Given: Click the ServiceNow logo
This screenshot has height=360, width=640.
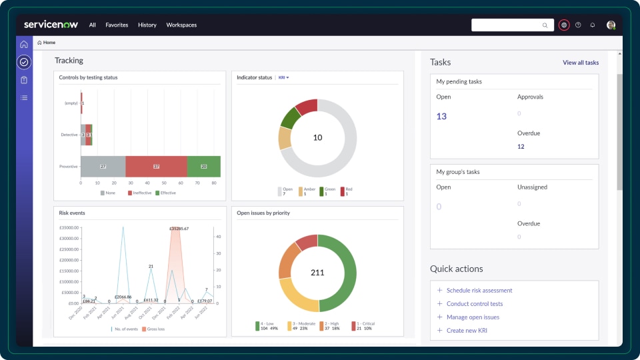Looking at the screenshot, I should (51, 25).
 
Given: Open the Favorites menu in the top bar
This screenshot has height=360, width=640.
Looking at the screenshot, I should (117, 25).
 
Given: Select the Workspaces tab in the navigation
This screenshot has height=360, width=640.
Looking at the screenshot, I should (181, 25).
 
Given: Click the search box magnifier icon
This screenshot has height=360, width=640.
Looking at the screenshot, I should (545, 25).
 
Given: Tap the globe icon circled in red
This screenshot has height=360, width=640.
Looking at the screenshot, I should (564, 25).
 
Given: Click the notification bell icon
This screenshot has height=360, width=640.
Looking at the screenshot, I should (593, 25).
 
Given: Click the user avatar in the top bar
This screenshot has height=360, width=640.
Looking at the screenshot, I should (611, 25).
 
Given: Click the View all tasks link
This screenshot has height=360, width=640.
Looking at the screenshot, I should (580, 63).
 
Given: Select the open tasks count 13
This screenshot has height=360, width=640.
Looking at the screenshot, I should (441, 116).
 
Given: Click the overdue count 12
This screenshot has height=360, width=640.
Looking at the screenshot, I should (521, 147).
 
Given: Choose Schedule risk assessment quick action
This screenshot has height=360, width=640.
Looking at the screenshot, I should (479, 291).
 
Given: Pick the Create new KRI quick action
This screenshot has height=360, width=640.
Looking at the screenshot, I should (467, 331).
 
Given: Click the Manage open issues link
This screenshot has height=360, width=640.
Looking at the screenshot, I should (473, 317).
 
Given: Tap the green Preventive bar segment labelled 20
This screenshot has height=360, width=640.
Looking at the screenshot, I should (204, 166).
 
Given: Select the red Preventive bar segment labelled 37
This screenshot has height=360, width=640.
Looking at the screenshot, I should (156, 166).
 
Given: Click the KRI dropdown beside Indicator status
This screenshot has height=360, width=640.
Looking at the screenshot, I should (284, 78).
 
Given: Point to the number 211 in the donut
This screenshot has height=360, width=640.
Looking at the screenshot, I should (317, 273).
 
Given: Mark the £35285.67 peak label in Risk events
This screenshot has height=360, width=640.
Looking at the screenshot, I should (179, 229).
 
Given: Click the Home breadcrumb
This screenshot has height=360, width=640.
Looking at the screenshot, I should (47, 43).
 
